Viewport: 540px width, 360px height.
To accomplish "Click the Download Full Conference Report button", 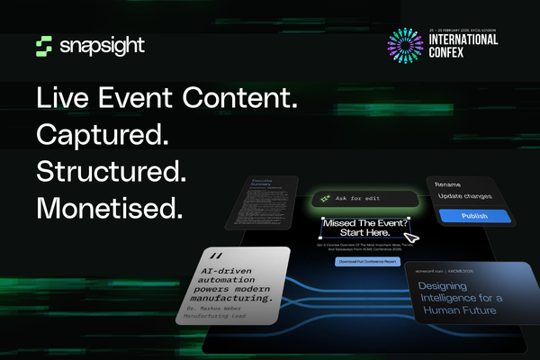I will coord(365,261).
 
